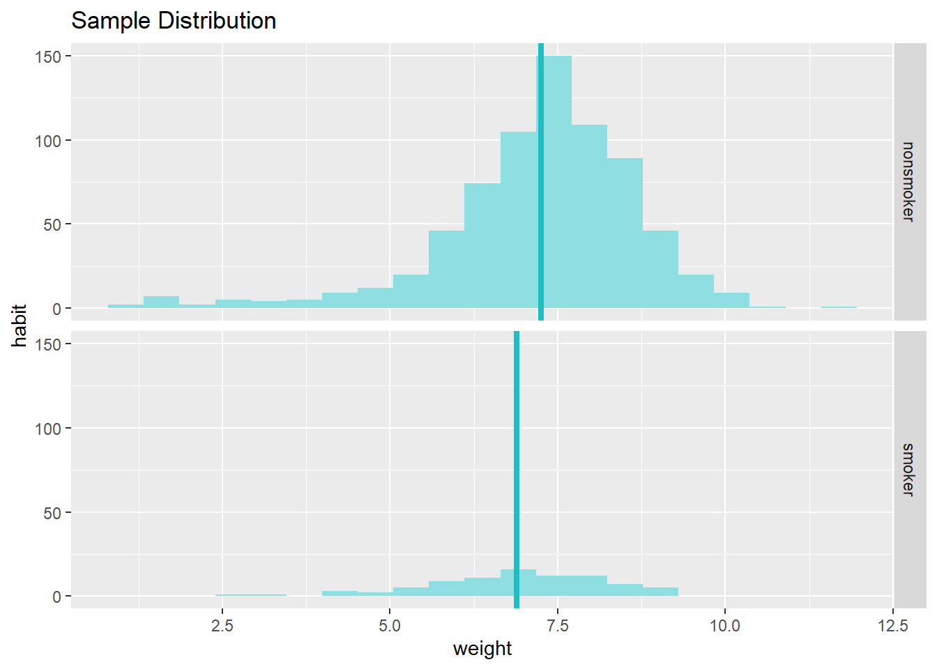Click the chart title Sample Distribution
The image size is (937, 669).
(174, 21)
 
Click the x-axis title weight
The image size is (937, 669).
(482, 649)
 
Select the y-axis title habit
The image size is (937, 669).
(20, 325)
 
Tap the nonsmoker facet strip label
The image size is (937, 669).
(908, 182)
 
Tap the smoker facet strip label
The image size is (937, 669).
(908, 470)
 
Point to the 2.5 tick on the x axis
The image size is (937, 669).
(222, 626)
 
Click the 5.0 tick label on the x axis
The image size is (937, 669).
(390, 626)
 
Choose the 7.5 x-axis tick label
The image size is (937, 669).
(558, 626)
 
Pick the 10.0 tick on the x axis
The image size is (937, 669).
(725, 626)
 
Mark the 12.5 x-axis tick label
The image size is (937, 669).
(893, 626)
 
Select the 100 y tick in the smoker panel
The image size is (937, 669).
(49, 429)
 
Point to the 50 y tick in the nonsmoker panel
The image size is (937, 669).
(53, 224)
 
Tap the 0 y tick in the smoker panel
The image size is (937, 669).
(56, 597)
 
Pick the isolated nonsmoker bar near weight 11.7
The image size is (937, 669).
(839, 307)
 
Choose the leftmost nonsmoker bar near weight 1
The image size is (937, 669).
(125, 306)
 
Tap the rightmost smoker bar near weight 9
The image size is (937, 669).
(660, 592)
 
